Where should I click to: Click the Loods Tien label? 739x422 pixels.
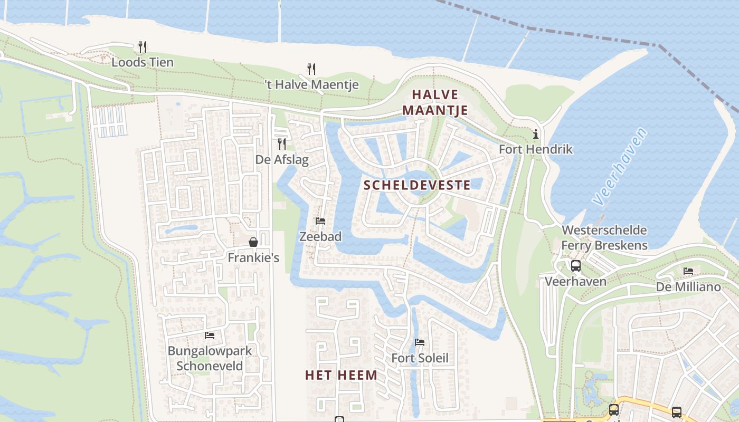(142, 62)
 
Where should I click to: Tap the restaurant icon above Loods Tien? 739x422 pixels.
(142, 46)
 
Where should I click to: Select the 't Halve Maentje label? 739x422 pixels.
(311, 84)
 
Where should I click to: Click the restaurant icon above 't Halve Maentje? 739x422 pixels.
(311, 69)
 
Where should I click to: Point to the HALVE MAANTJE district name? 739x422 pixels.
(435, 102)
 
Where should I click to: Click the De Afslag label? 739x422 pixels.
(282, 159)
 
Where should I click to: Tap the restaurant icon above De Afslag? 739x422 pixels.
(282, 143)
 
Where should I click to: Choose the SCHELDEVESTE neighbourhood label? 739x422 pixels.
(417, 185)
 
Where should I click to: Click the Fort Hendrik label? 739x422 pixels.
(536, 149)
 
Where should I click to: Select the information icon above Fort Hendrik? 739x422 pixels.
(536, 134)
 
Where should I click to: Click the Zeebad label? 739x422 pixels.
(320, 237)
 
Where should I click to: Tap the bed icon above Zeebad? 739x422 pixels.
(320, 221)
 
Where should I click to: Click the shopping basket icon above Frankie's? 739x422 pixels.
(253, 242)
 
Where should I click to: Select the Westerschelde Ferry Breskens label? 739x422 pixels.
(604, 238)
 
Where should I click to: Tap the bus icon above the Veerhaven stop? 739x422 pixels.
(575, 266)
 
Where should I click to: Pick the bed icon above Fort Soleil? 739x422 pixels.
(420, 342)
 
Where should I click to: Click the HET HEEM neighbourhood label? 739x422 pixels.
(341, 375)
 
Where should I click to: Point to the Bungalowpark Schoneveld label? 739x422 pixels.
(210, 358)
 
